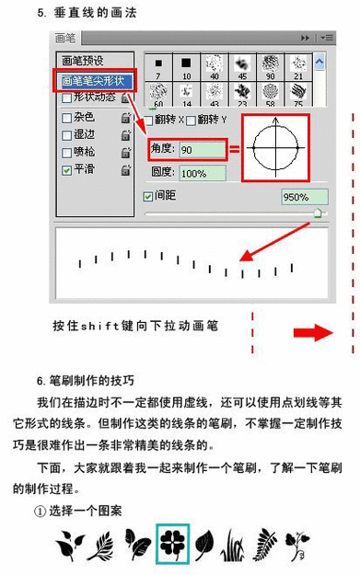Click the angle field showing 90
(202, 149)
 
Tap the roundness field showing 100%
(202, 172)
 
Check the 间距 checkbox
(148, 196)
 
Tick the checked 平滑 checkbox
(65, 169)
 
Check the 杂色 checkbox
(65, 117)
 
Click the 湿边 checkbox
(65, 134)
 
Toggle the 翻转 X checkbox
(149, 121)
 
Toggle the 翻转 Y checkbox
(192, 121)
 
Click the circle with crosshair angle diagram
(273, 146)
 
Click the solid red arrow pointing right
(319, 331)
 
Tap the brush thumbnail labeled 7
(158, 66)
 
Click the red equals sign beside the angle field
(234, 149)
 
